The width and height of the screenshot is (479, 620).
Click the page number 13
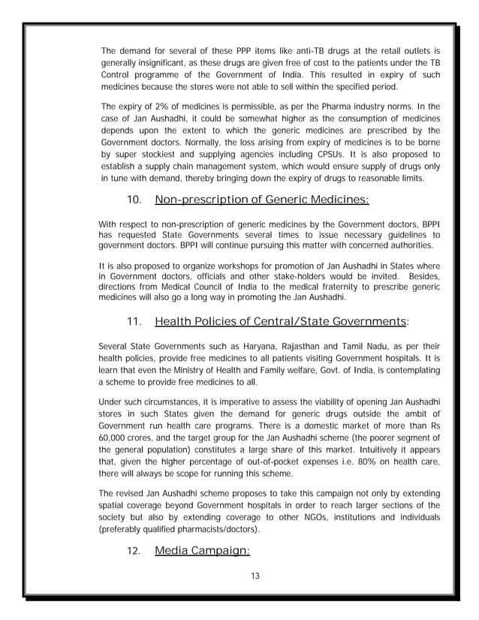tap(239, 575)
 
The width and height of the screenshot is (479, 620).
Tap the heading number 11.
tap(134, 323)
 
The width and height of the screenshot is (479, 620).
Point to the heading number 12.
tap(134, 552)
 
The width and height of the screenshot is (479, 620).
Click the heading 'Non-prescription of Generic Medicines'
tap(261, 199)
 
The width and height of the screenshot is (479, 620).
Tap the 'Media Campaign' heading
tap(202, 552)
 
